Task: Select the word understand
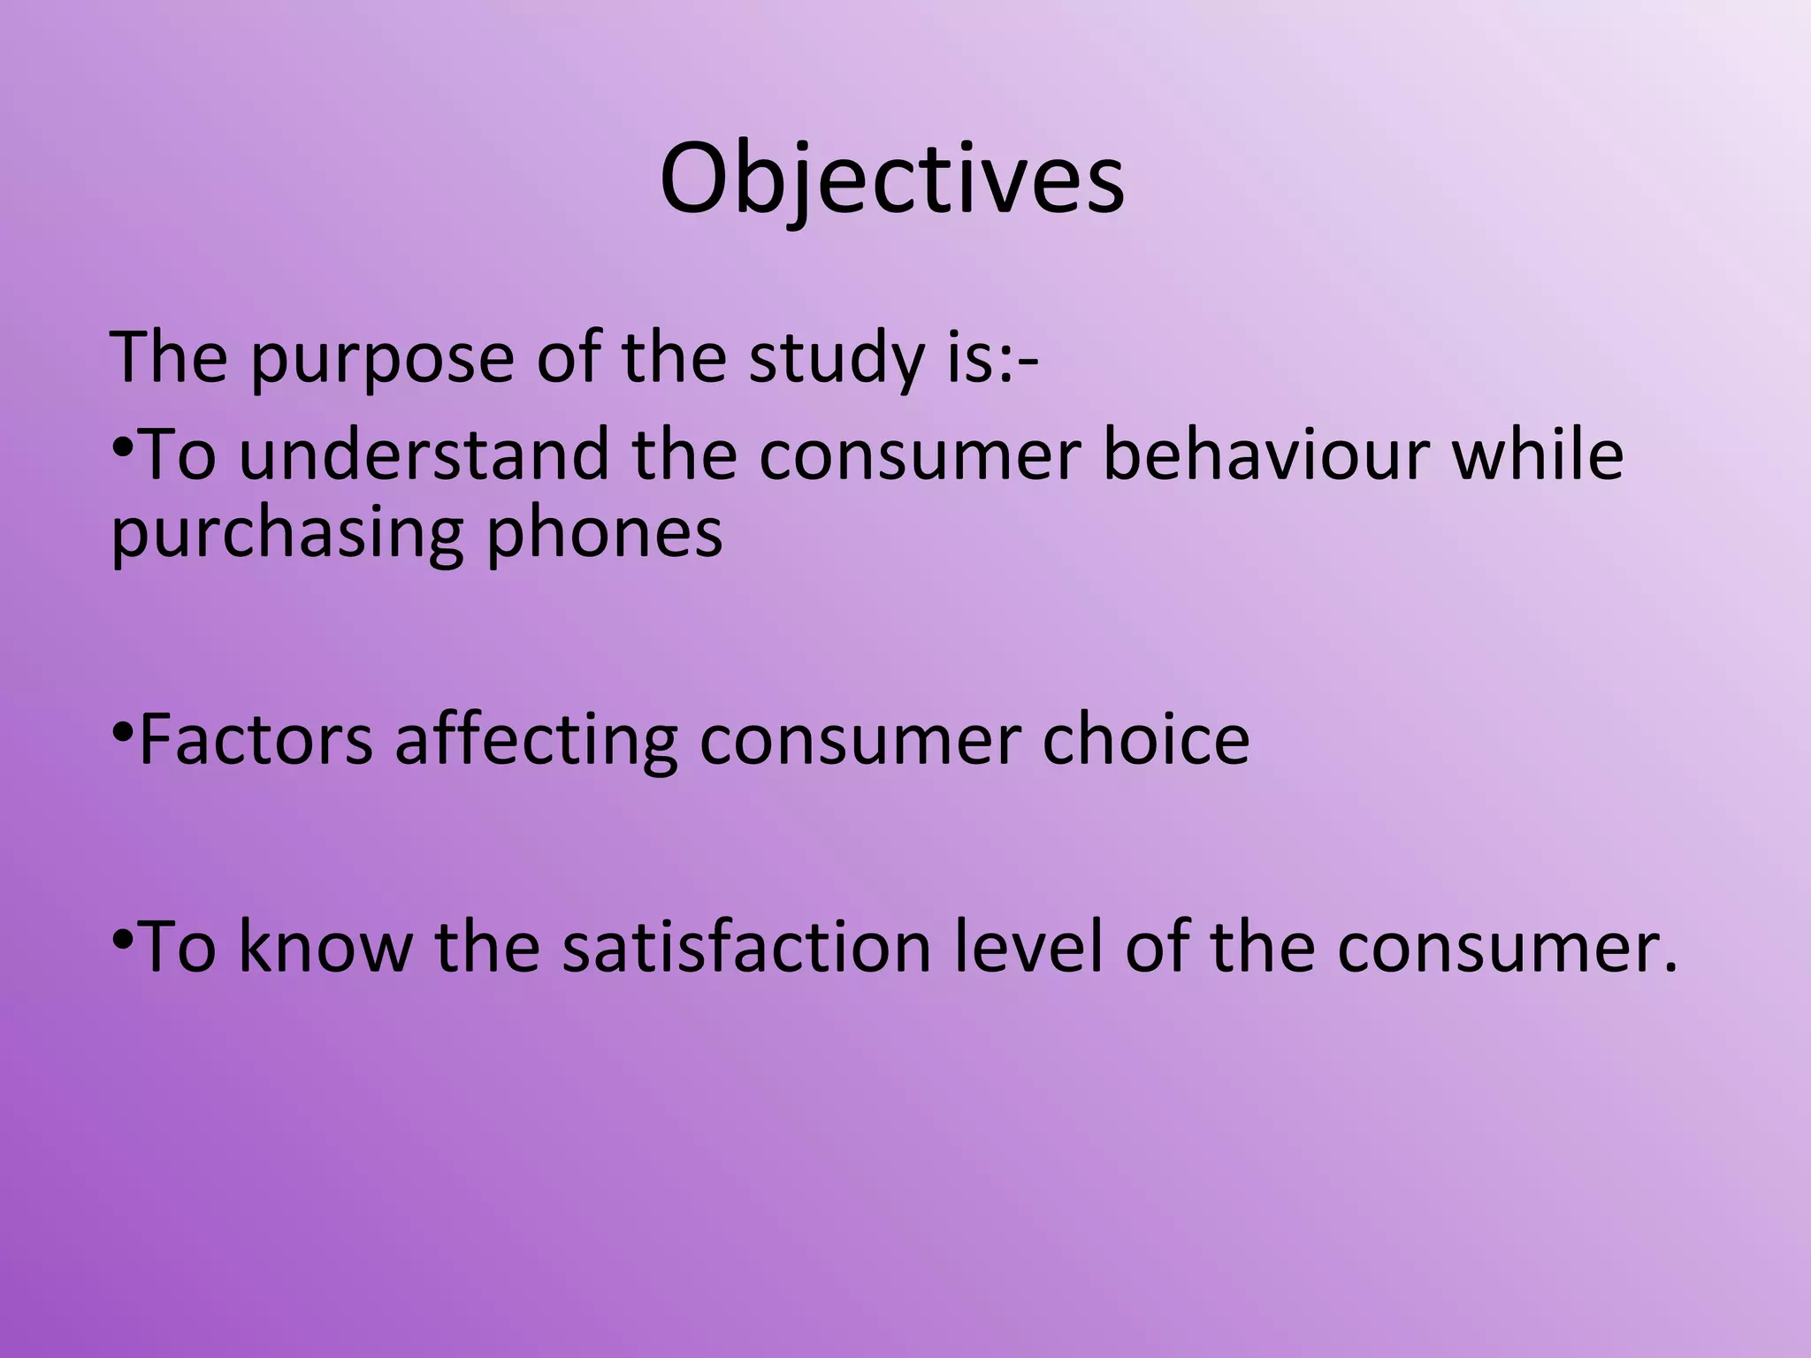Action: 424,454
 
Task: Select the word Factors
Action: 256,741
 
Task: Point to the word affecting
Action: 536,741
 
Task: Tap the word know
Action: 325,947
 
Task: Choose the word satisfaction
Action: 746,947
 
